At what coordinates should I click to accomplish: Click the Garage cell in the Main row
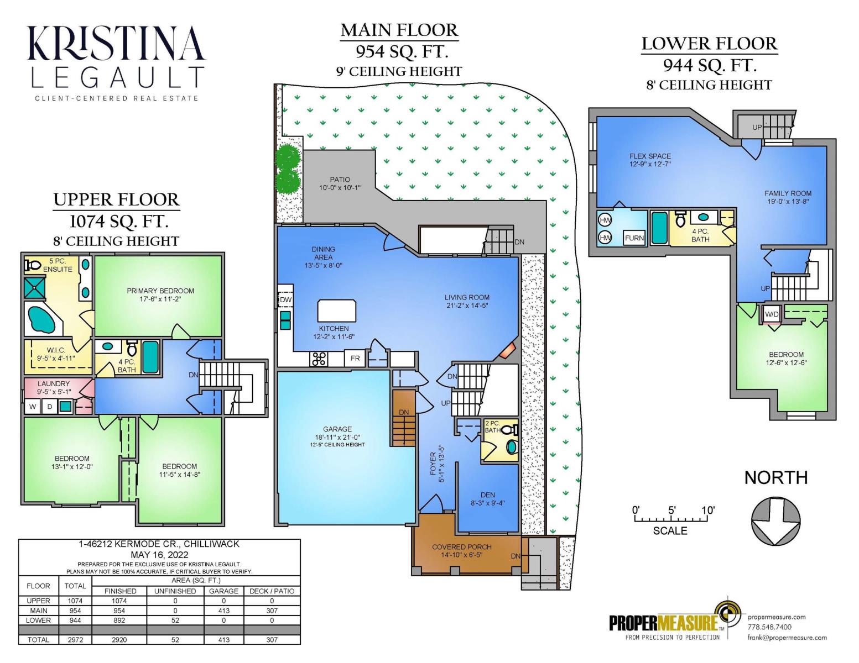[224, 611]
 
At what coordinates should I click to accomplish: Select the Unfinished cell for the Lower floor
[175, 620]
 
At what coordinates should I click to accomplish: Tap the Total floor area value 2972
[75, 640]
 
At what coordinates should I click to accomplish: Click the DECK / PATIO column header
[272, 591]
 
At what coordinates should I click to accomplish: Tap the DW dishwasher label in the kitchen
[285, 299]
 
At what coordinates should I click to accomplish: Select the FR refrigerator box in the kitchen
[355, 358]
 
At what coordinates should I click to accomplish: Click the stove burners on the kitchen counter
[319, 359]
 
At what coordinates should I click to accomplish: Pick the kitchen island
[337, 311]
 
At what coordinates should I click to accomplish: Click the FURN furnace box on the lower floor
[634, 238]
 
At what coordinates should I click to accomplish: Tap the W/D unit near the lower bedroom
[771, 314]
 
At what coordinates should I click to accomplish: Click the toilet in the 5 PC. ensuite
[33, 265]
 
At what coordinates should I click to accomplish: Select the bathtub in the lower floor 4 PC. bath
[659, 228]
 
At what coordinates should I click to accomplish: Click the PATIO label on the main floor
[340, 180]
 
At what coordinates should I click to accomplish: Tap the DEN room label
[488, 495]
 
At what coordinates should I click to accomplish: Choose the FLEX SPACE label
[650, 156]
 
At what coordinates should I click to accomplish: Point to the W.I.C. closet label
[56, 350]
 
